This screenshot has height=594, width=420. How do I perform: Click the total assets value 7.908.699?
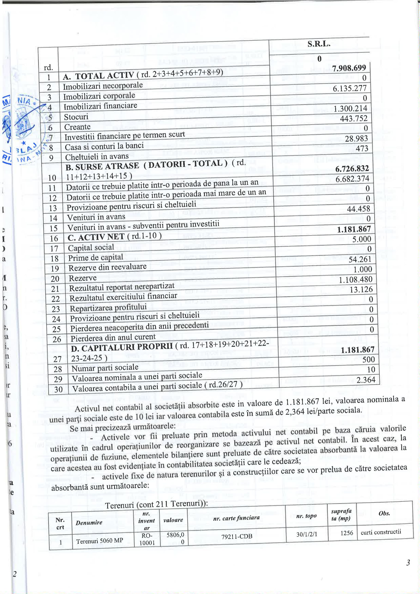tap(349, 68)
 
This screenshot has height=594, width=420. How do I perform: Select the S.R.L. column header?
tap(319, 44)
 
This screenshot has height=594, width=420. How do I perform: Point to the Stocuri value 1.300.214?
tap(350, 108)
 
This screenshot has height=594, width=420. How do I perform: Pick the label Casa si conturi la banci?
tap(104, 146)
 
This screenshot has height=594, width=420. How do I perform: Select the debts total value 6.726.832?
tap(352, 169)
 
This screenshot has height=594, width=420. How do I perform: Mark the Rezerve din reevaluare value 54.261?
tap(360, 259)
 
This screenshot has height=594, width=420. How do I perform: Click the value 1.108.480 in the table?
tap(356, 279)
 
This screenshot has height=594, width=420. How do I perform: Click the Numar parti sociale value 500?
tap(368, 359)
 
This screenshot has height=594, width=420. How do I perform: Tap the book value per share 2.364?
tap(366, 380)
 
